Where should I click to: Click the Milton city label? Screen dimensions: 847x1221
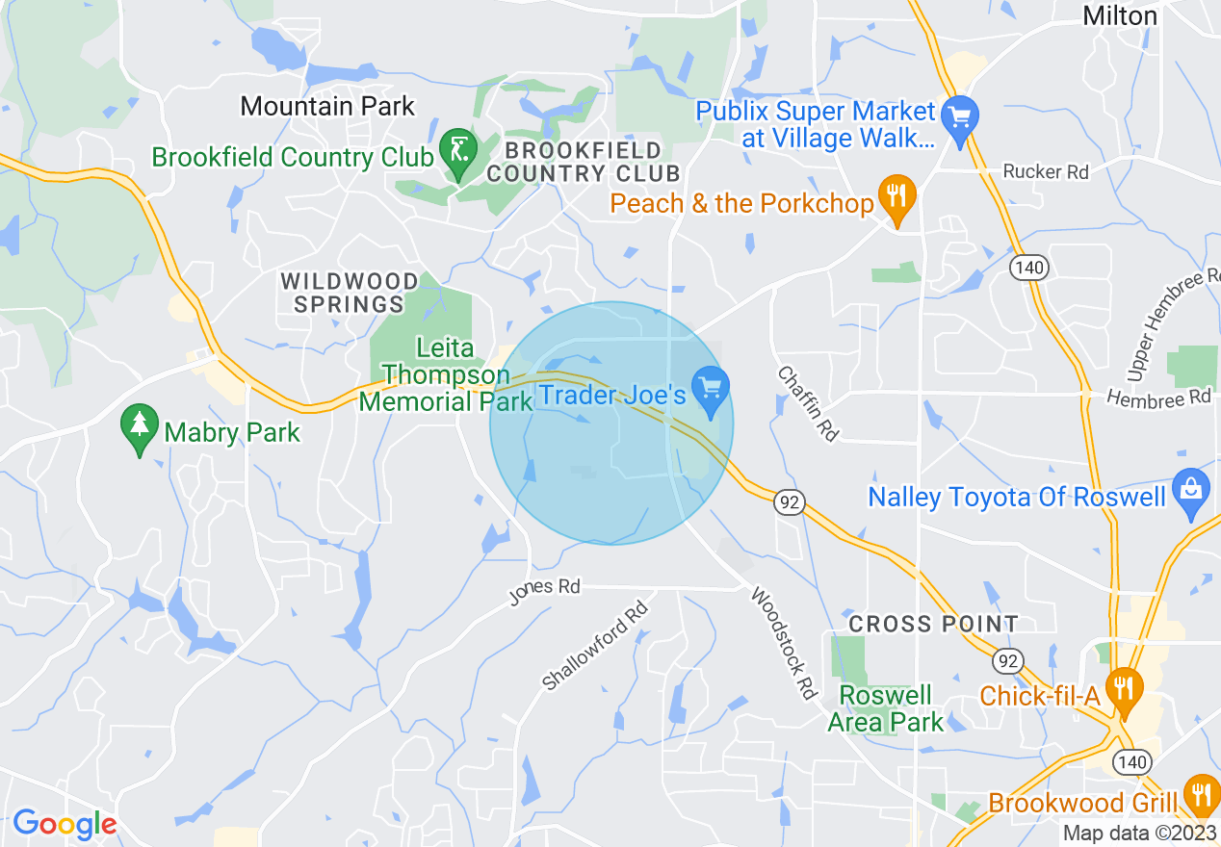pos(1119,15)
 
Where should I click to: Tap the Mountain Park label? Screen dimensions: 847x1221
pos(327,106)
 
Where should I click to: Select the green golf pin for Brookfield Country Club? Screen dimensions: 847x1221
pos(457,152)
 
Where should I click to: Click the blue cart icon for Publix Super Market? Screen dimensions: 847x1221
pos(959,119)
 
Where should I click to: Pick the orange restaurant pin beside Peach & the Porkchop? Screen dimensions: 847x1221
pos(897,199)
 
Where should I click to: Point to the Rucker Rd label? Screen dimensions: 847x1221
pos(1046,172)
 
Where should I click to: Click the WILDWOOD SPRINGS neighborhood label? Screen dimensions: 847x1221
pos(350,293)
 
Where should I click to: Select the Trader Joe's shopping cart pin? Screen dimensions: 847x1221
pos(711,390)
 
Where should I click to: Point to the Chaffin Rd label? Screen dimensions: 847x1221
pos(808,403)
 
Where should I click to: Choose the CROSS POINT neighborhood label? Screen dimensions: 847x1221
pos(933,624)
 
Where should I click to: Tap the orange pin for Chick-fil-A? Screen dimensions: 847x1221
pos(1124,690)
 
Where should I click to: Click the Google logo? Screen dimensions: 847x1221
pos(65,824)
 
